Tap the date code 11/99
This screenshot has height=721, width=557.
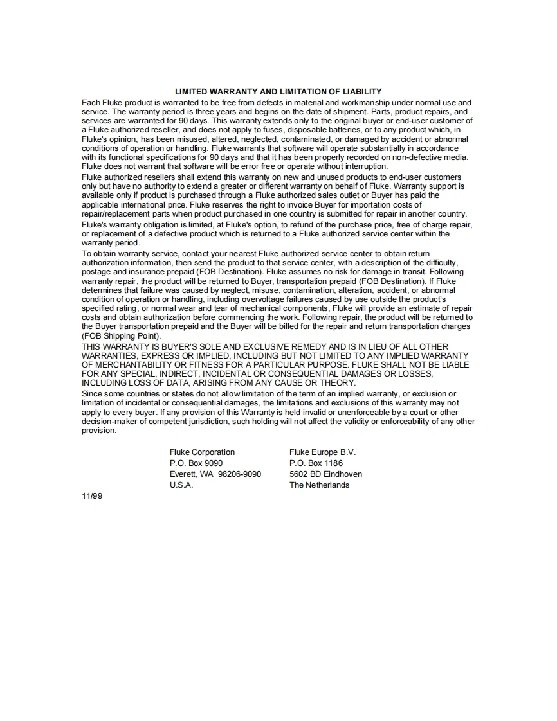coord(92,496)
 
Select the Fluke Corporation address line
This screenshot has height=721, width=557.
coord(202,452)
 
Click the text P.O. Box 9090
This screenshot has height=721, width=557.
coord(196,463)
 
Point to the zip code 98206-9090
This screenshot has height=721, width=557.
coord(239,474)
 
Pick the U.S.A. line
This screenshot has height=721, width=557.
coord(181,485)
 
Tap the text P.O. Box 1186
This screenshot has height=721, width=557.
coord(316,463)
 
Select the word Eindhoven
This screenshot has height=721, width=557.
coord(343,474)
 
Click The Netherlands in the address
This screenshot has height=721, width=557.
coord(319,485)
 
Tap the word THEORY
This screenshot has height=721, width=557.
coord(334,383)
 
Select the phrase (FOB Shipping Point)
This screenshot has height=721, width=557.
coord(122,336)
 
